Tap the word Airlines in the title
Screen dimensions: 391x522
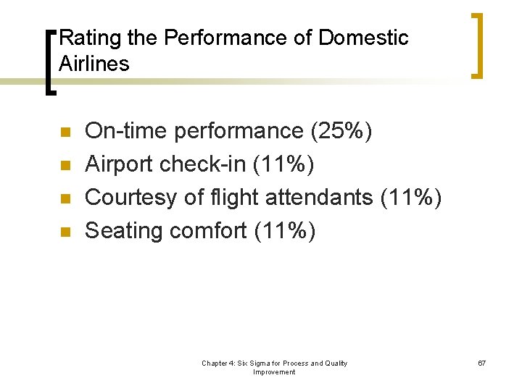click(94, 64)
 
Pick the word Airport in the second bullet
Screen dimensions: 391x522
click(119, 164)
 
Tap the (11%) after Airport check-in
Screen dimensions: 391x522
click(283, 164)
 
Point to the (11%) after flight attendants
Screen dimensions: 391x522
click(410, 198)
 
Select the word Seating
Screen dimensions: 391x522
click(124, 231)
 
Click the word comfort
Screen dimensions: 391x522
click(208, 231)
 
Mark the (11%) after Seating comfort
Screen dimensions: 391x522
click(284, 231)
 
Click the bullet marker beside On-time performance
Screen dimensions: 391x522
click(65, 133)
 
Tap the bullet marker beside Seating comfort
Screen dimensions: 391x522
click(65, 232)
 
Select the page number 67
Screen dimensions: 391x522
click(481, 363)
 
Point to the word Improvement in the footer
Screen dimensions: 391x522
click(274, 372)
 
